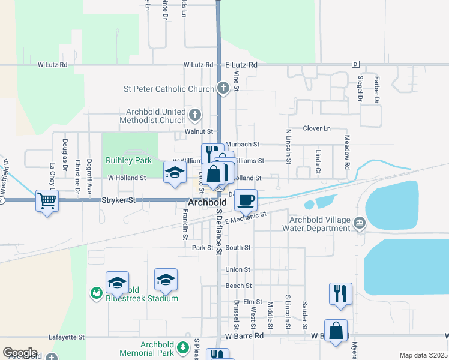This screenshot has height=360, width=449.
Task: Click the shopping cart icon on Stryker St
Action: [x=47, y=200]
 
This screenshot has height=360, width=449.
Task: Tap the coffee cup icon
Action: [x=245, y=200]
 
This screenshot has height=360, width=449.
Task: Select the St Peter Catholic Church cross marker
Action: [x=223, y=89]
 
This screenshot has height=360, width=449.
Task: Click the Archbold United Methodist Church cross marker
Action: [x=194, y=114]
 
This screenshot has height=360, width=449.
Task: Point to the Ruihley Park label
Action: [x=128, y=161]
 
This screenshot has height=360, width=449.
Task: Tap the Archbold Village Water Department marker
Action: [x=359, y=224]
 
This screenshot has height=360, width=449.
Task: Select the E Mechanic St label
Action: [x=246, y=218]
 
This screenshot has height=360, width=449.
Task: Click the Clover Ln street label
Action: [x=316, y=128]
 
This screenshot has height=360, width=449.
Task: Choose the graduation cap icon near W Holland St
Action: [x=175, y=172]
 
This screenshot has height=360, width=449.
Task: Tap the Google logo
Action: [x=20, y=353]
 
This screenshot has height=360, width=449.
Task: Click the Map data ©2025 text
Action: [x=423, y=355]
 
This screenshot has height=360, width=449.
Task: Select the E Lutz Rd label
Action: [x=241, y=64]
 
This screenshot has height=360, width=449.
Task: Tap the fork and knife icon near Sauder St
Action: [x=340, y=293]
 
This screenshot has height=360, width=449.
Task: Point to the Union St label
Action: [x=238, y=270]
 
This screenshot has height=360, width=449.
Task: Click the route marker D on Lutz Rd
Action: [x=355, y=64]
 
